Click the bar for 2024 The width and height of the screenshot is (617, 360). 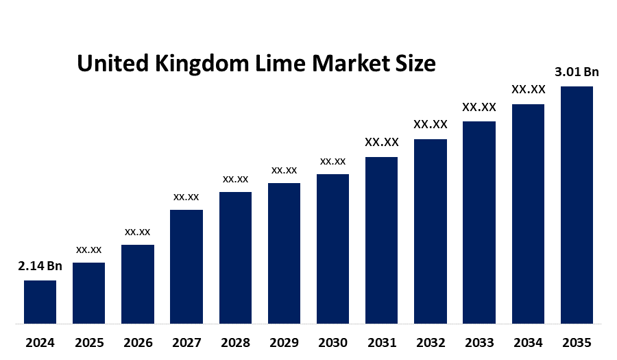(x=40, y=302)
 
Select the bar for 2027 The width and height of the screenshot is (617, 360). (x=186, y=266)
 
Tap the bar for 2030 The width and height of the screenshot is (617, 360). (x=332, y=248)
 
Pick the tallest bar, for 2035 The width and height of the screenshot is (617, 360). (x=577, y=204)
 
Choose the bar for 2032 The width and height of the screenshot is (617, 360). (x=431, y=231)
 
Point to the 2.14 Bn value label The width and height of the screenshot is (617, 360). (x=40, y=266)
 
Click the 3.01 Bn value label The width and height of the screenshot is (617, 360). (x=577, y=72)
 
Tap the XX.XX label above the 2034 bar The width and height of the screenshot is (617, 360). (x=528, y=90)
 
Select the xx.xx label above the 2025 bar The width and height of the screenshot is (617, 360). (x=89, y=249)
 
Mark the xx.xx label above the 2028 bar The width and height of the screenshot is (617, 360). (x=235, y=179)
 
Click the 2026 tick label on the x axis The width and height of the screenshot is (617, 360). (x=138, y=342)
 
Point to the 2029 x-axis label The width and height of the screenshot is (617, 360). (x=284, y=342)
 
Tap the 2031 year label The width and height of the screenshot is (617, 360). (x=381, y=342)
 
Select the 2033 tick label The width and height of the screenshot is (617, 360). (x=479, y=342)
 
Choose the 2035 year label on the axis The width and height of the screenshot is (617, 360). (x=577, y=342)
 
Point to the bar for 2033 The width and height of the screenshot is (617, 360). (x=479, y=222)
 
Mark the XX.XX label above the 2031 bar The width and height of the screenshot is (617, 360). (x=381, y=143)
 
